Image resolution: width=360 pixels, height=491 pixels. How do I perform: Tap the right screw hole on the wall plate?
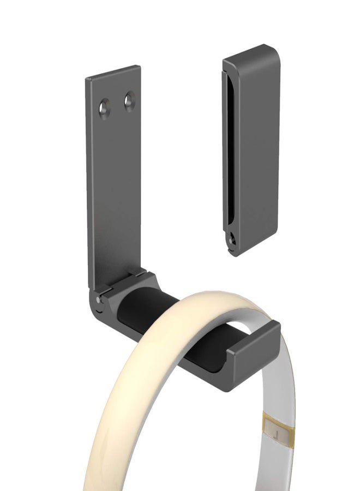tap(129, 101)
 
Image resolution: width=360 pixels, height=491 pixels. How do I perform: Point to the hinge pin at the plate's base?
tap(98, 299)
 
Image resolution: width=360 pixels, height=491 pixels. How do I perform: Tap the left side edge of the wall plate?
tap(88, 180)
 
